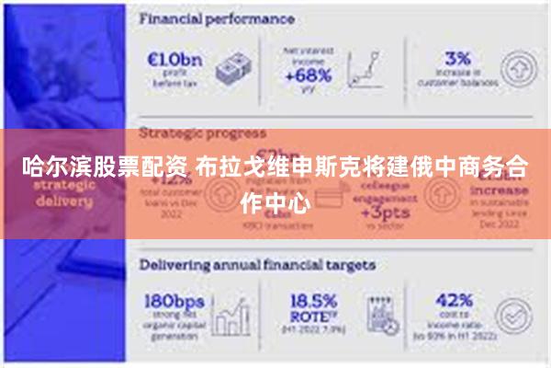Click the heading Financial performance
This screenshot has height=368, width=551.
coord(217,18)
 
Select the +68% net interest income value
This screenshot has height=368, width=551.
coord(308,76)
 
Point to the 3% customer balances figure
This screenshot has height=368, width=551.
coord(457,57)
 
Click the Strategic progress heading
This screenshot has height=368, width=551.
coord(202,132)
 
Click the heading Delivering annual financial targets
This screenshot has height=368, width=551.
coord(257,265)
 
